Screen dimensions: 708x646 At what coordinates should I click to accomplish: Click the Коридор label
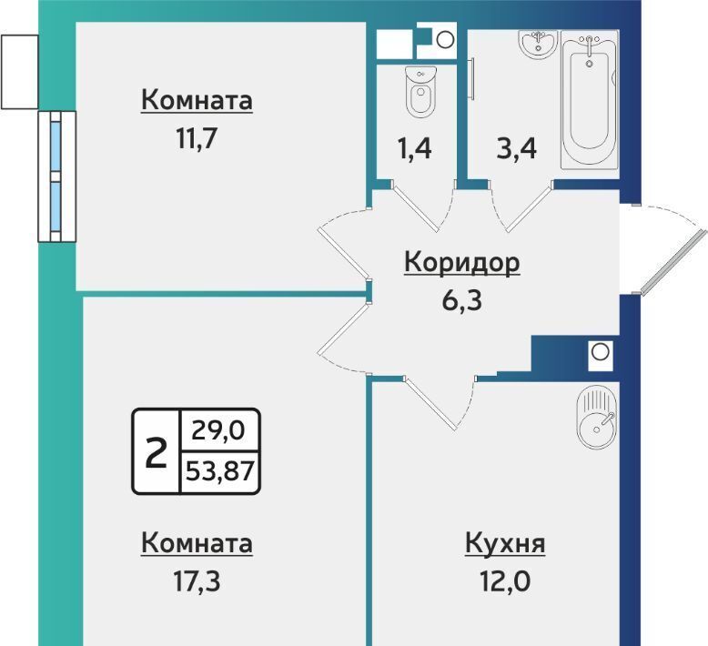point(462,262)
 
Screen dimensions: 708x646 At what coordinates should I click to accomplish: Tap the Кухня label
point(505,542)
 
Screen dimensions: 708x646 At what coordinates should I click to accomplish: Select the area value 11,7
point(197,138)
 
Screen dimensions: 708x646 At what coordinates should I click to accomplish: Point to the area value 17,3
point(197,581)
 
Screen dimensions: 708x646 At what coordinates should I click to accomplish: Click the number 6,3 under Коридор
point(462,300)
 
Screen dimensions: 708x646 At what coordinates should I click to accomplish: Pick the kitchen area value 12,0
point(505,581)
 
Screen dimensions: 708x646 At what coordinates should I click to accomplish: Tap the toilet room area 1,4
point(414,148)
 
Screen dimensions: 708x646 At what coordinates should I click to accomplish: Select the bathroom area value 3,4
point(517,148)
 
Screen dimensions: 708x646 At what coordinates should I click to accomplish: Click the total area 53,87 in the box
point(220,472)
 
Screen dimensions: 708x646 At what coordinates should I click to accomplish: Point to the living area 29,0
point(218,429)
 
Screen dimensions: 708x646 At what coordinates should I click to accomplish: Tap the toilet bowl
point(421,92)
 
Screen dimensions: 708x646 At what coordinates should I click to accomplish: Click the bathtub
point(590,101)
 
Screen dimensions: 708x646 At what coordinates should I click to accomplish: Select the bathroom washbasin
point(538,44)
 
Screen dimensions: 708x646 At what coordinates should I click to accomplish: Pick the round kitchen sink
point(596,418)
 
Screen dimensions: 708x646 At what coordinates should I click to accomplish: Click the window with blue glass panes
point(57,177)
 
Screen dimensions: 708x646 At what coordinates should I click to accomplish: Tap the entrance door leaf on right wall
point(674,262)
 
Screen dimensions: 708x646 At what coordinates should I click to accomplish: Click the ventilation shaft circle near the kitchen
point(600,352)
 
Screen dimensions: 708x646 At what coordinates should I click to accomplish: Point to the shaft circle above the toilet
point(445,40)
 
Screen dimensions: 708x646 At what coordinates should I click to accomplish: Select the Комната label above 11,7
point(197,100)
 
